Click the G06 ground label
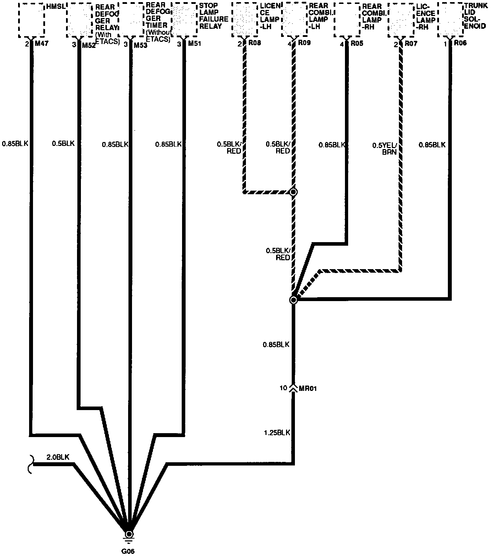(x=129, y=551)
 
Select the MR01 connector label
(x=308, y=388)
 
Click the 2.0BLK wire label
(x=58, y=457)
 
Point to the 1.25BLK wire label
(x=277, y=433)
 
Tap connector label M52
(x=89, y=45)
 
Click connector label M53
(x=140, y=45)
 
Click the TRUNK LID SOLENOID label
(x=476, y=16)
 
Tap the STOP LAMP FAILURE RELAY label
(x=213, y=16)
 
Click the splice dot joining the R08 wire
(x=293, y=192)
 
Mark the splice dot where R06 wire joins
(x=293, y=300)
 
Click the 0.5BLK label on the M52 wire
(x=63, y=143)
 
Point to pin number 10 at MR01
(x=283, y=388)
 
